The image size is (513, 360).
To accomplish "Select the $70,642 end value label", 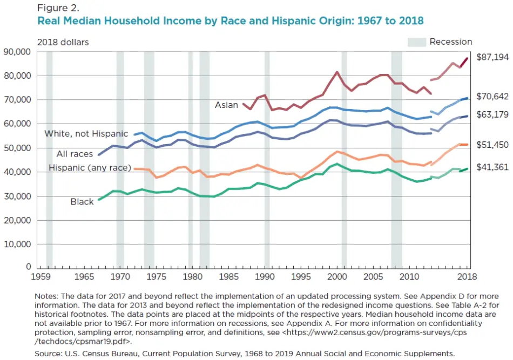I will (x=492, y=97).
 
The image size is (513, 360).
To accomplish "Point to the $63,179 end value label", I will (x=492, y=114).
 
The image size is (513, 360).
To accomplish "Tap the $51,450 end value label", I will (x=492, y=145).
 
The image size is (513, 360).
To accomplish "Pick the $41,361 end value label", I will (x=492, y=167).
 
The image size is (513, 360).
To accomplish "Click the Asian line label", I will (x=226, y=105).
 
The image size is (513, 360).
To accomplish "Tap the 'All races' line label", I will (x=75, y=154).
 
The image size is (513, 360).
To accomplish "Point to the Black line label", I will (x=82, y=202).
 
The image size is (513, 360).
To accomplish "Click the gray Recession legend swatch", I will (x=416, y=42).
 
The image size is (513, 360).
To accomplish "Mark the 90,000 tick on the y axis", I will (x=18, y=52).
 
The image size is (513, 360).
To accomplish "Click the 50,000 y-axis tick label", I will (x=18, y=148).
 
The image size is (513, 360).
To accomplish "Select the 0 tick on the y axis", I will (x=29, y=267).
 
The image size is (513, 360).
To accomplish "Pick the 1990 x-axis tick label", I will (x=265, y=276).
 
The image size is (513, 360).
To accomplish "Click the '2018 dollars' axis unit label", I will (x=63, y=42).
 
